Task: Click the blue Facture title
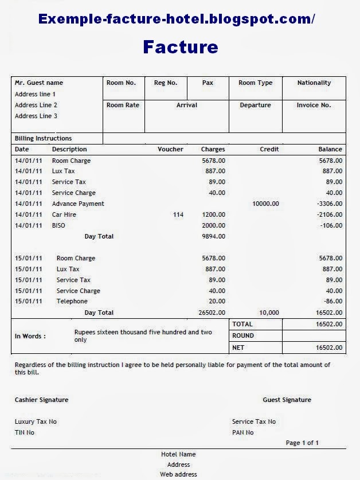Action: point(181,46)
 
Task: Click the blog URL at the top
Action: point(177,19)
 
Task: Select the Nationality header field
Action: point(314,83)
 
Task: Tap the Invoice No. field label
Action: point(314,105)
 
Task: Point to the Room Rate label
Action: point(123,105)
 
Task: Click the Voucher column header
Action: point(170,149)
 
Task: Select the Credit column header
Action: point(269,149)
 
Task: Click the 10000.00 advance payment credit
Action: point(265,204)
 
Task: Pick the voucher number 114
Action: point(178,214)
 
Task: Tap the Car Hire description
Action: point(64,214)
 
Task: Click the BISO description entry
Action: point(58,225)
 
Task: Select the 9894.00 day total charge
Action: point(213,236)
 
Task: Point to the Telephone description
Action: point(72,301)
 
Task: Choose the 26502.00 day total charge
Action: point(212,313)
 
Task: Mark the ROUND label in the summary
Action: point(243,335)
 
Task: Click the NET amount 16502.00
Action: point(329,348)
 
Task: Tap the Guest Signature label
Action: point(287,400)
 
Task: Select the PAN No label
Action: point(242,432)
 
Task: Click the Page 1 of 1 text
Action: point(302,443)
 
